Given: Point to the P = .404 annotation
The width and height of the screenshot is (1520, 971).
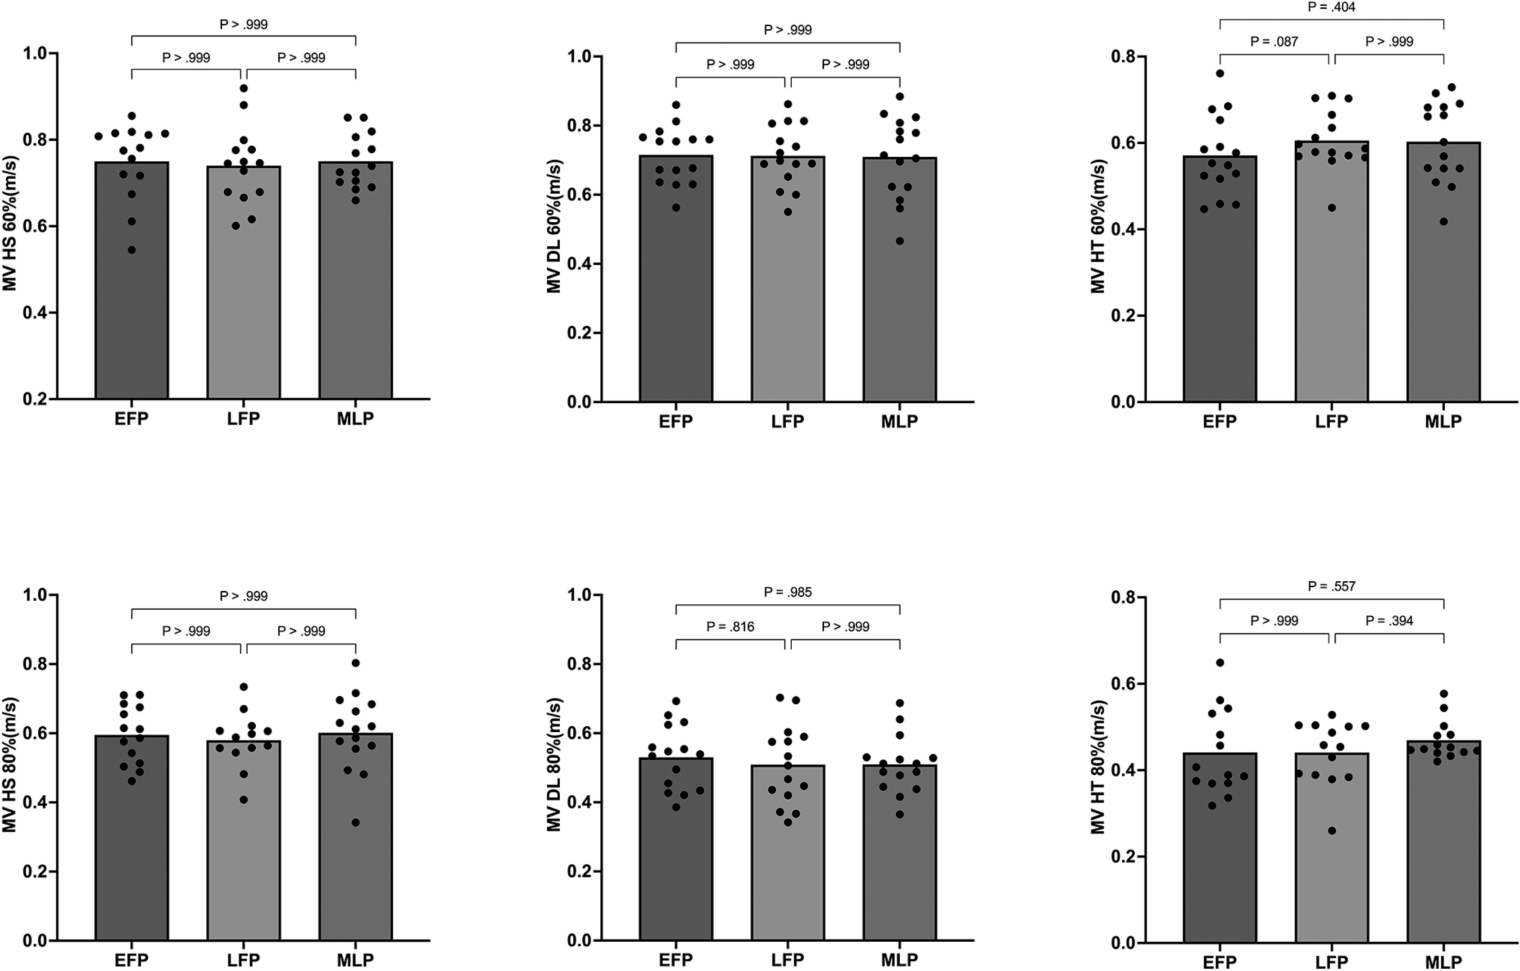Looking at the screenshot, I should point(1331,7).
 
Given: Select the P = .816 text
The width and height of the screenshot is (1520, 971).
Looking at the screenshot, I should point(731,627).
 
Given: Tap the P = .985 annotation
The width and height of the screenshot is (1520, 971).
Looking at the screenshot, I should point(788,592).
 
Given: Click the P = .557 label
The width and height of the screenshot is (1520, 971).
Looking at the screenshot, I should point(1331,586).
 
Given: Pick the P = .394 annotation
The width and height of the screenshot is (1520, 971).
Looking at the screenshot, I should point(1389,620).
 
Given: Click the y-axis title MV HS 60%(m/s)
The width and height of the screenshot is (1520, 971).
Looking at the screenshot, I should point(9,223).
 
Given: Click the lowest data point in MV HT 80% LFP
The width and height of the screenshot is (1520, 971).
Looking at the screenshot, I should point(1332,831).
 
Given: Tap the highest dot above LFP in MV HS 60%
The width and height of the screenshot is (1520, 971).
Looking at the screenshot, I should point(244,88).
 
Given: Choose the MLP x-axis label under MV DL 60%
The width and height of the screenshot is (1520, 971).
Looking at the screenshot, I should point(899,421).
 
